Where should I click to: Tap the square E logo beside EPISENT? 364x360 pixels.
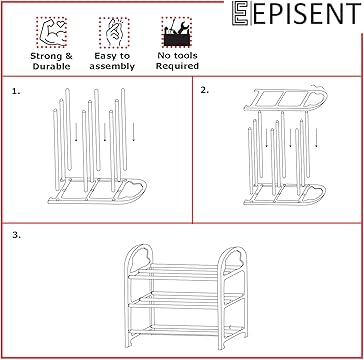pos(240,13)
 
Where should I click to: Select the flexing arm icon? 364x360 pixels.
pos(51,32)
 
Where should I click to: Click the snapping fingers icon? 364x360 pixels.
pos(114,32)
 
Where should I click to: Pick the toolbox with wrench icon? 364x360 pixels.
pos(177,32)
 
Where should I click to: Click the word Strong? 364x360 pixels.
pos(46,56)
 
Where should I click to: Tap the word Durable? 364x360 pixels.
pos(51,66)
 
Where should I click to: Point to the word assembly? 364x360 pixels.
pos(112,67)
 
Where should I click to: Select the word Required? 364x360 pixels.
pos(177,66)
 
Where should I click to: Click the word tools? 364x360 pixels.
pos(186,56)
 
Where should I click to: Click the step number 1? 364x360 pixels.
pos(16,91)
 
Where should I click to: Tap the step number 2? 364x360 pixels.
pos(205,90)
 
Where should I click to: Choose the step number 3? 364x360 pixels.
pos(16,235)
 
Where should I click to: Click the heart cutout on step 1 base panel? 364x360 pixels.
pos(132,189)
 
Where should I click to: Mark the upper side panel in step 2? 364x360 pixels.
pos(286,99)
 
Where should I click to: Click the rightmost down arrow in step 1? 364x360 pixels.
pos(133,132)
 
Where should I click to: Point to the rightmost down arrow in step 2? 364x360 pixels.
pos(316,138)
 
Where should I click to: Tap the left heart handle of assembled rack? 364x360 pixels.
pos(141,256)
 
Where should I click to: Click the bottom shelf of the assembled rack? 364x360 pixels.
pos(186,330)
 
